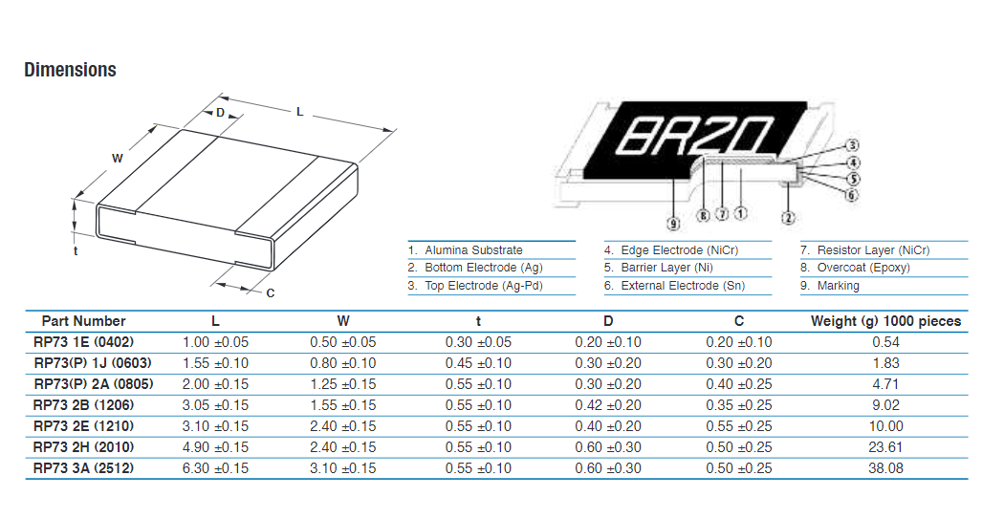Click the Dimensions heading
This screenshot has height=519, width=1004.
pyautogui.click(x=71, y=70)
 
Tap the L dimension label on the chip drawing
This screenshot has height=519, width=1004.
pyautogui.click(x=299, y=112)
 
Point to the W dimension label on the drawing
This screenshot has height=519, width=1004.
pyautogui.click(x=118, y=158)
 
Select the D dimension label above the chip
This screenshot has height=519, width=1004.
pyautogui.click(x=220, y=113)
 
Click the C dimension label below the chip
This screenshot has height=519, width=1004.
pyautogui.click(x=271, y=293)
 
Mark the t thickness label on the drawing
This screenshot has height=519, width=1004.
pyautogui.click(x=76, y=250)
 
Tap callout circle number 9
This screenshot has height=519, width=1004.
pyautogui.click(x=673, y=224)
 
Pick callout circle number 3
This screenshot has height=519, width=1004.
pyautogui.click(x=852, y=146)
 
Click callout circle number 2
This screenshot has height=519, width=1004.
pyautogui.click(x=788, y=218)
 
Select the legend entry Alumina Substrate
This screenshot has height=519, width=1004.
pyautogui.click(x=466, y=250)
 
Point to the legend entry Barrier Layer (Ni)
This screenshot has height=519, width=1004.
pyautogui.click(x=658, y=268)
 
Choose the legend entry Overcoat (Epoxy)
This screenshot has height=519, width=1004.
pyautogui.click(x=855, y=268)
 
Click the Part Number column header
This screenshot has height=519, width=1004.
pyautogui.click(x=84, y=321)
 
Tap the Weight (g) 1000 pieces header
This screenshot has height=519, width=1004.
pyautogui.click(x=886, y=321)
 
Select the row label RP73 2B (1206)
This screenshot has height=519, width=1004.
pyautogui.click(x=84, y=405)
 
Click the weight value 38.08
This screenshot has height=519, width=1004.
pyautogui.click(x=886, y=467)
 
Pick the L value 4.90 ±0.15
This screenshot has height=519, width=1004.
pyautogui.click(x=215, y=447)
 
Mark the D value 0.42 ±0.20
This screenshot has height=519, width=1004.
pyautogui.click(x=608, y=405)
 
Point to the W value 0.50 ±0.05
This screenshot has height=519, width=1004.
pyautogui.click(x=343, y=342)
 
